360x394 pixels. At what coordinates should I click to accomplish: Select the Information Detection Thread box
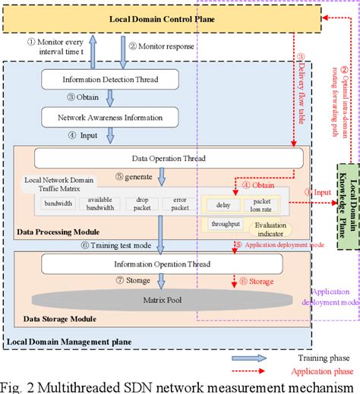[111, 79]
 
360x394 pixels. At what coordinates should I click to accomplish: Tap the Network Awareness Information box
[111, 118]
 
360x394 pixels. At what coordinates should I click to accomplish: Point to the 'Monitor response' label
[161, 47]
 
